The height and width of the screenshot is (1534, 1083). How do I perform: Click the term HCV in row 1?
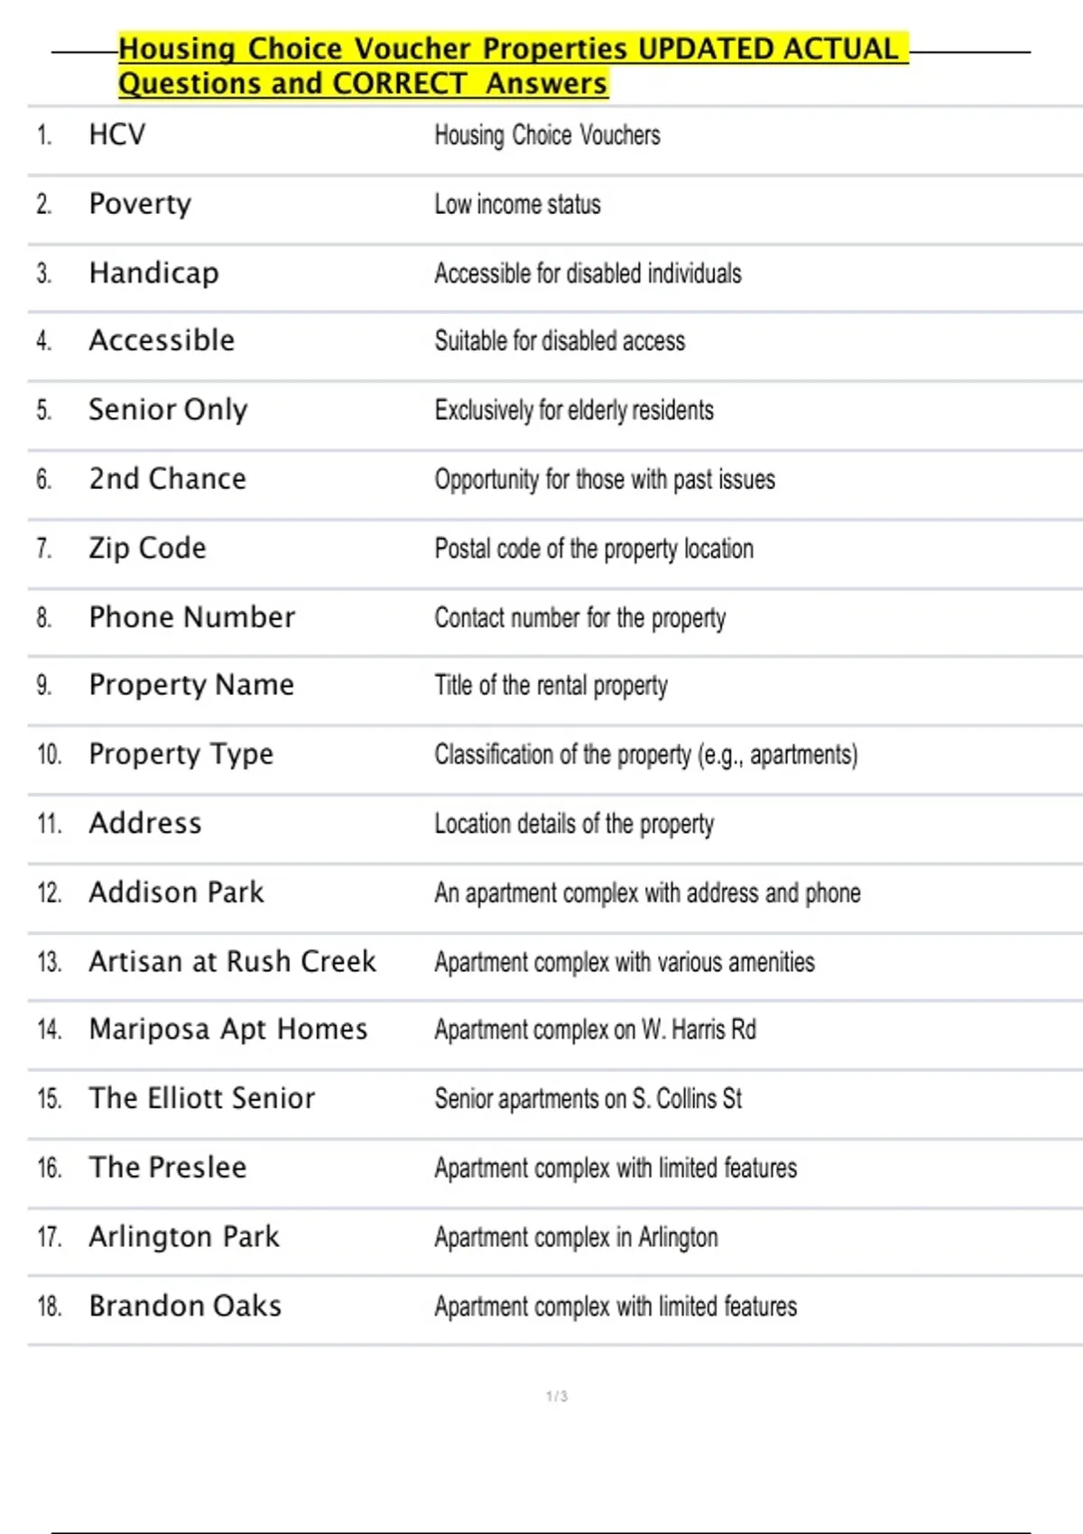click(x=117, y=135)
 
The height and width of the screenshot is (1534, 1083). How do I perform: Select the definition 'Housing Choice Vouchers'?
click(x=547, y=135)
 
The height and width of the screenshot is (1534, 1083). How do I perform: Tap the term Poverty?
click(x=140, y=205)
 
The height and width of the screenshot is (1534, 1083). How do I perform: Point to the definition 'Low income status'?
click(x=517, y=205)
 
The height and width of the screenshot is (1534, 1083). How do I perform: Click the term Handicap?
click(x=153, y=273)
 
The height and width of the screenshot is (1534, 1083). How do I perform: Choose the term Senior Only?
click(x=168, y=411)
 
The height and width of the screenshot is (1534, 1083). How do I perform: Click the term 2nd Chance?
click(x=167, y=479)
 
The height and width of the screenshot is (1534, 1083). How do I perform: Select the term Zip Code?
click(x=147, y=549)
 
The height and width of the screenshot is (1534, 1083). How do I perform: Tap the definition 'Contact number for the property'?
click(x=579, y=618)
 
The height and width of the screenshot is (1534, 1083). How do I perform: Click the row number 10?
click(x=49, y=754)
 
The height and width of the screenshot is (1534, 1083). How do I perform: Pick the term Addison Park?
click(x=176, y=892)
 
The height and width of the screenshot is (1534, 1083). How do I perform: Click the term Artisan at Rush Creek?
click(x=232, y=962)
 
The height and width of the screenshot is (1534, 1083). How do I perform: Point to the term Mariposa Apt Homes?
click(x=228, y=1030)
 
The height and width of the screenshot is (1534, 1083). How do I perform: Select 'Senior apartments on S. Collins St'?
click(x=588, y=1099)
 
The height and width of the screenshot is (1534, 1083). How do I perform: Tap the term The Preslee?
click(x=167, y=1168)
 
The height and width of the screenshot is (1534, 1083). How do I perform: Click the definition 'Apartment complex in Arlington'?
click(x=576, y=1237)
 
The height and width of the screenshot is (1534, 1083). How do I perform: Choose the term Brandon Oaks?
click(x=185, y=1307)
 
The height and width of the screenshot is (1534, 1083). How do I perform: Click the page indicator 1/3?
click(x=557, y=1396)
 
